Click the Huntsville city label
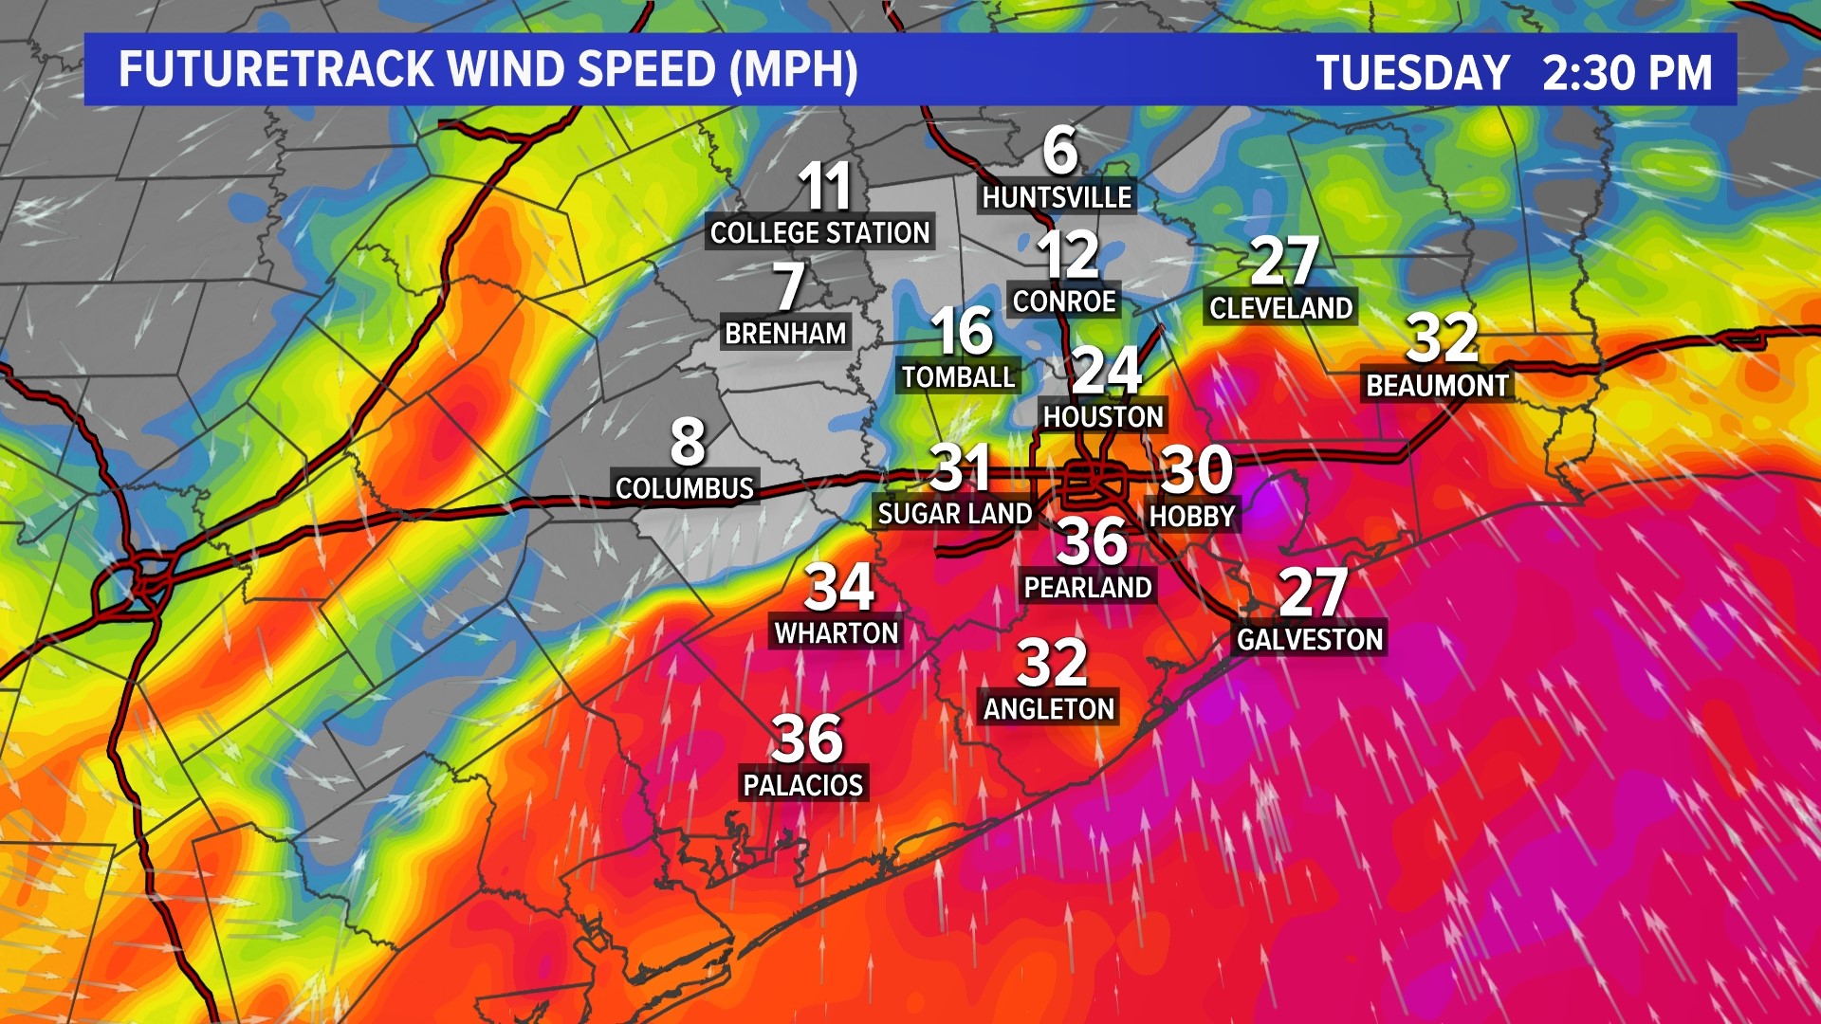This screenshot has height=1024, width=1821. tap(1057, 197)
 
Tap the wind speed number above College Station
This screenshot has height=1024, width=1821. tap(824, 186)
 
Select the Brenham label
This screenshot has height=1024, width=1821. tap(785, 334)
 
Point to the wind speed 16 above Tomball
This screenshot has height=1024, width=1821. tap(962, 331)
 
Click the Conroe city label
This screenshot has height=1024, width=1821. tap(1064, 302)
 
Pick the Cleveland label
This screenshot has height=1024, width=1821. tap(1280, 308)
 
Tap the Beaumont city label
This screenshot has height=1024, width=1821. tap(1437, 386)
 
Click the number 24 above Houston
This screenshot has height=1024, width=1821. tap(1106, 371)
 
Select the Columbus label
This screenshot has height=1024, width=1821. tap(685, 488)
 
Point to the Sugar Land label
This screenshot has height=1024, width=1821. tap(954, 514)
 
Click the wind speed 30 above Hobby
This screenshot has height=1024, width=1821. tap(1197, 469)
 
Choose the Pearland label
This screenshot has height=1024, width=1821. tap(1088, 588)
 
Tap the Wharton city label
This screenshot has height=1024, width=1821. tap(837, 633)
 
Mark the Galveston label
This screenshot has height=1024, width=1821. tap(1310, 640)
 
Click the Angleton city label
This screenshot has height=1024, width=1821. tap(1049, 709)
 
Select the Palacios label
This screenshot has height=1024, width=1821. tap(803, 786)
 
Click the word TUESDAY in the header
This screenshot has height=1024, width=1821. tap(1412, 73)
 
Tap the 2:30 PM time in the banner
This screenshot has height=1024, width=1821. tap(1628, 73)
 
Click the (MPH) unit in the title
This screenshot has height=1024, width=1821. tap(794, 69)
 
